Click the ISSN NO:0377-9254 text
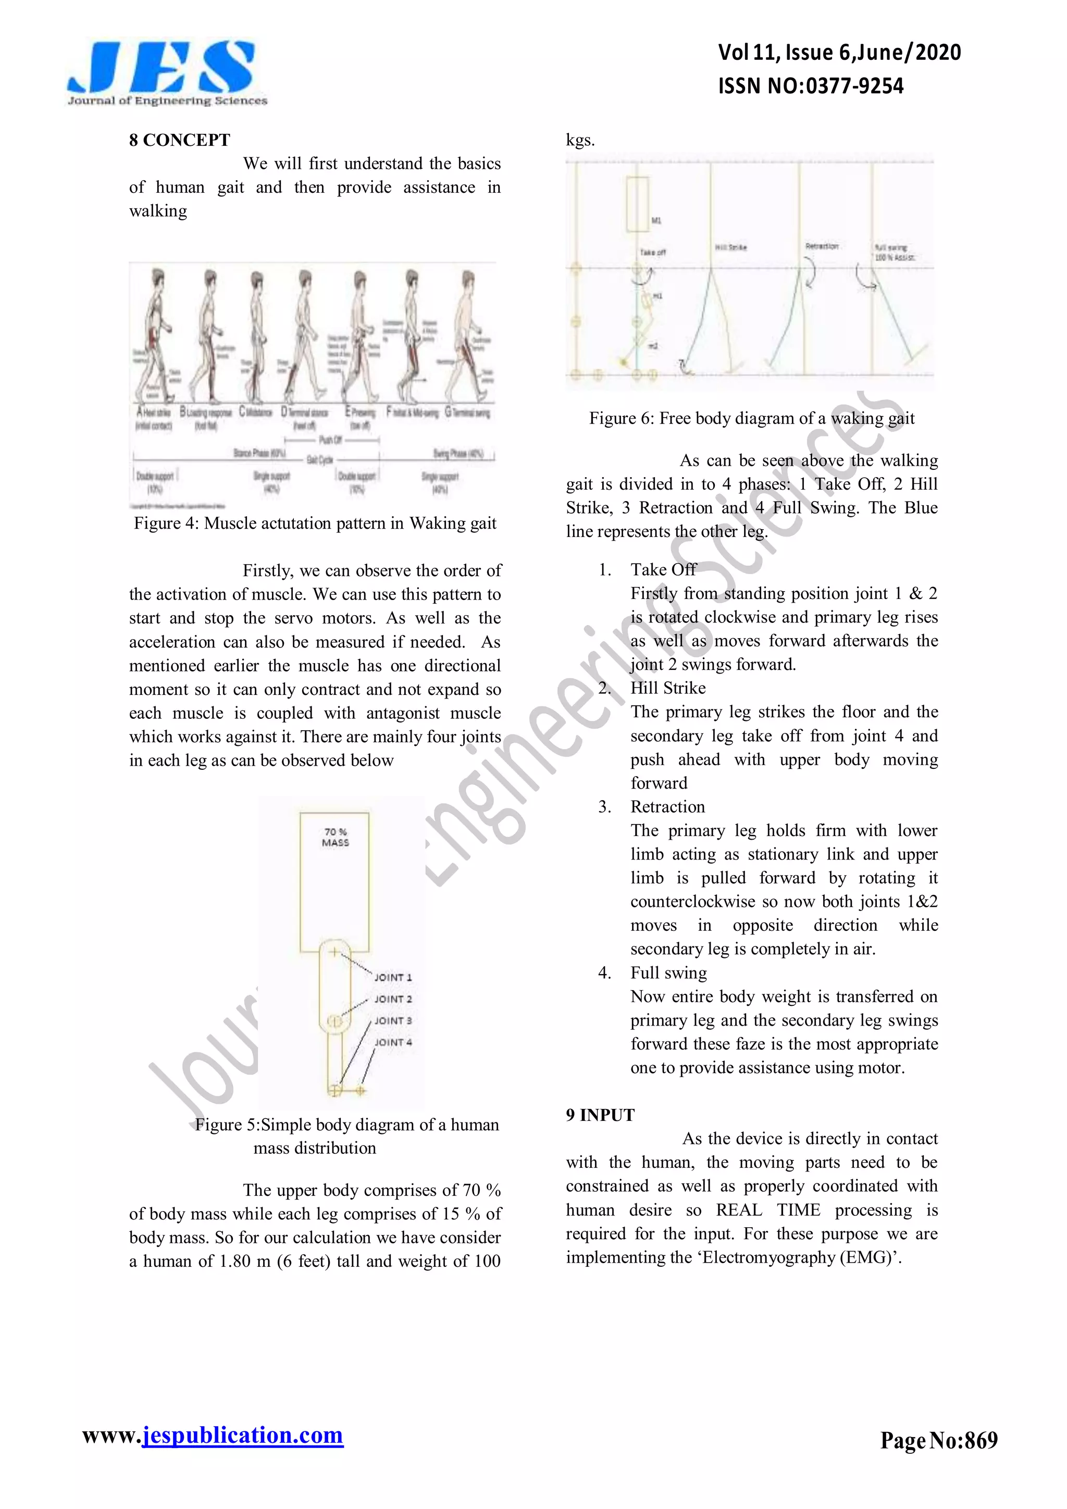point(810,86)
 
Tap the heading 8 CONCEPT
point(179,140)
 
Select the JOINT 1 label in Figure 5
point(392,977)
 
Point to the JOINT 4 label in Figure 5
point(392,1042)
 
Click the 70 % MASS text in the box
point(336,837)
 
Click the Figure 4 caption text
point(315,523)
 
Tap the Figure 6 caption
point(751,418)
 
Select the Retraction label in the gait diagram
point(822,246)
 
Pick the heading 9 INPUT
point(600,1115)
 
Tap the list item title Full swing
point(668,972)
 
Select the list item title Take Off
point(663,569)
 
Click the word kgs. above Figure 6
point(580,140)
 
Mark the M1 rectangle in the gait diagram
point(637,204)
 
